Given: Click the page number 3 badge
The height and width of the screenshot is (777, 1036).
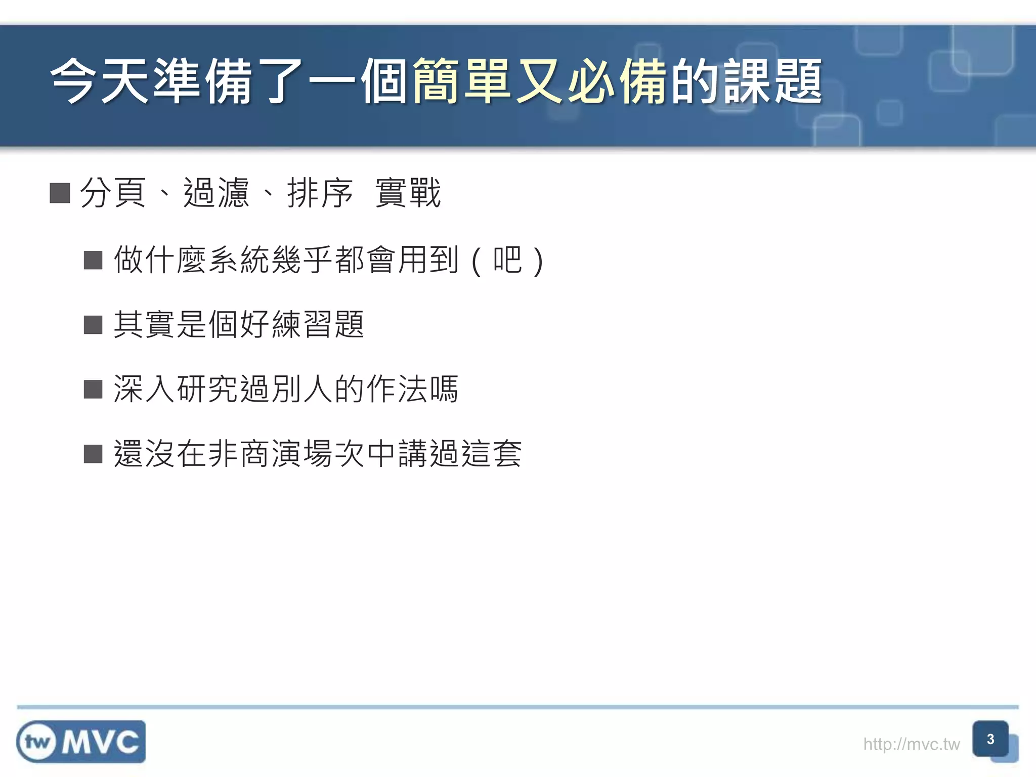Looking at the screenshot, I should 990,739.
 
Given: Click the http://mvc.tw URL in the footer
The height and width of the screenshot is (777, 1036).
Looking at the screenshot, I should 911,744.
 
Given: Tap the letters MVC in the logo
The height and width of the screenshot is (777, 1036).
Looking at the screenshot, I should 100,742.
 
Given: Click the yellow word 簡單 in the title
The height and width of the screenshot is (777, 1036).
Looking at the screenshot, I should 461,81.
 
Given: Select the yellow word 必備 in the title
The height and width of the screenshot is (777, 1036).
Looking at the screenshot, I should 617,81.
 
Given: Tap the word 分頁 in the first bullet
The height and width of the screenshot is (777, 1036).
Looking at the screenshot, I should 113,193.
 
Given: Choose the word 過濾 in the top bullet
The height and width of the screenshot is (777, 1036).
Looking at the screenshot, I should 217,193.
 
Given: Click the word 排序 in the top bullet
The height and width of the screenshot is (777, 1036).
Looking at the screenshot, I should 320,193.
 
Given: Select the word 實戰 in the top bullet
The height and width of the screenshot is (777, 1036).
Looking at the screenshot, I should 408,193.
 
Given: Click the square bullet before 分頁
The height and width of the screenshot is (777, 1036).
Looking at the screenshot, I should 60,193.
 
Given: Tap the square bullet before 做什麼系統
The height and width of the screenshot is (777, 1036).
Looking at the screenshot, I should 93,260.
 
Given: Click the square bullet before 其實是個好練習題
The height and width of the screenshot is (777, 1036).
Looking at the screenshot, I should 93,325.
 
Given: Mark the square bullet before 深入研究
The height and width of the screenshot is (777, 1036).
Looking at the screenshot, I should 93,390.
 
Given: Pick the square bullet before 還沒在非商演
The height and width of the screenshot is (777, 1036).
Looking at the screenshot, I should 93,454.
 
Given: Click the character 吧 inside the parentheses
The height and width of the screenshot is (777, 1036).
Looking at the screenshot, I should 507,260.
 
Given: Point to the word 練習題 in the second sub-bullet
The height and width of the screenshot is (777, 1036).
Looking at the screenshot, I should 318,324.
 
